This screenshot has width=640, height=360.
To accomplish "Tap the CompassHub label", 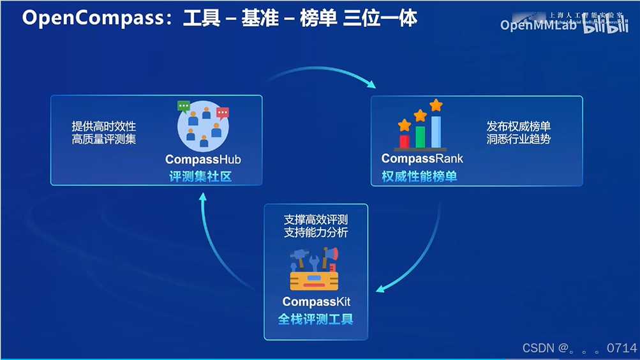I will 203,160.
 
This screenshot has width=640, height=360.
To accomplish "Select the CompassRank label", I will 422,158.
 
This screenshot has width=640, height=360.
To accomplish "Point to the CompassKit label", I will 316,301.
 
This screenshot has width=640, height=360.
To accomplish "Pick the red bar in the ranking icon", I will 404,140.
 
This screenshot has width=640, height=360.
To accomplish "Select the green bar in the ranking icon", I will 420,136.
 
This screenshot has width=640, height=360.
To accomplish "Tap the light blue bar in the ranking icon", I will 436,131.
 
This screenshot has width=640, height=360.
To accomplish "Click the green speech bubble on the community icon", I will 184,106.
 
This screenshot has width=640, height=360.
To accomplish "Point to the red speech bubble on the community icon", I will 223,113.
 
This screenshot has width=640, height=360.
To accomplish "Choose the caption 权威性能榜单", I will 419,176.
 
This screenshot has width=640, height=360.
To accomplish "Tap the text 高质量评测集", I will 104,139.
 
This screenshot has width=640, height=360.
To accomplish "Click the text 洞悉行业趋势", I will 518,139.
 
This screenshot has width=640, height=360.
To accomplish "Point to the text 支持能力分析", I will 316,233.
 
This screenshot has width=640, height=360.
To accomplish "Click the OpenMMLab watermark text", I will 539,25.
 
